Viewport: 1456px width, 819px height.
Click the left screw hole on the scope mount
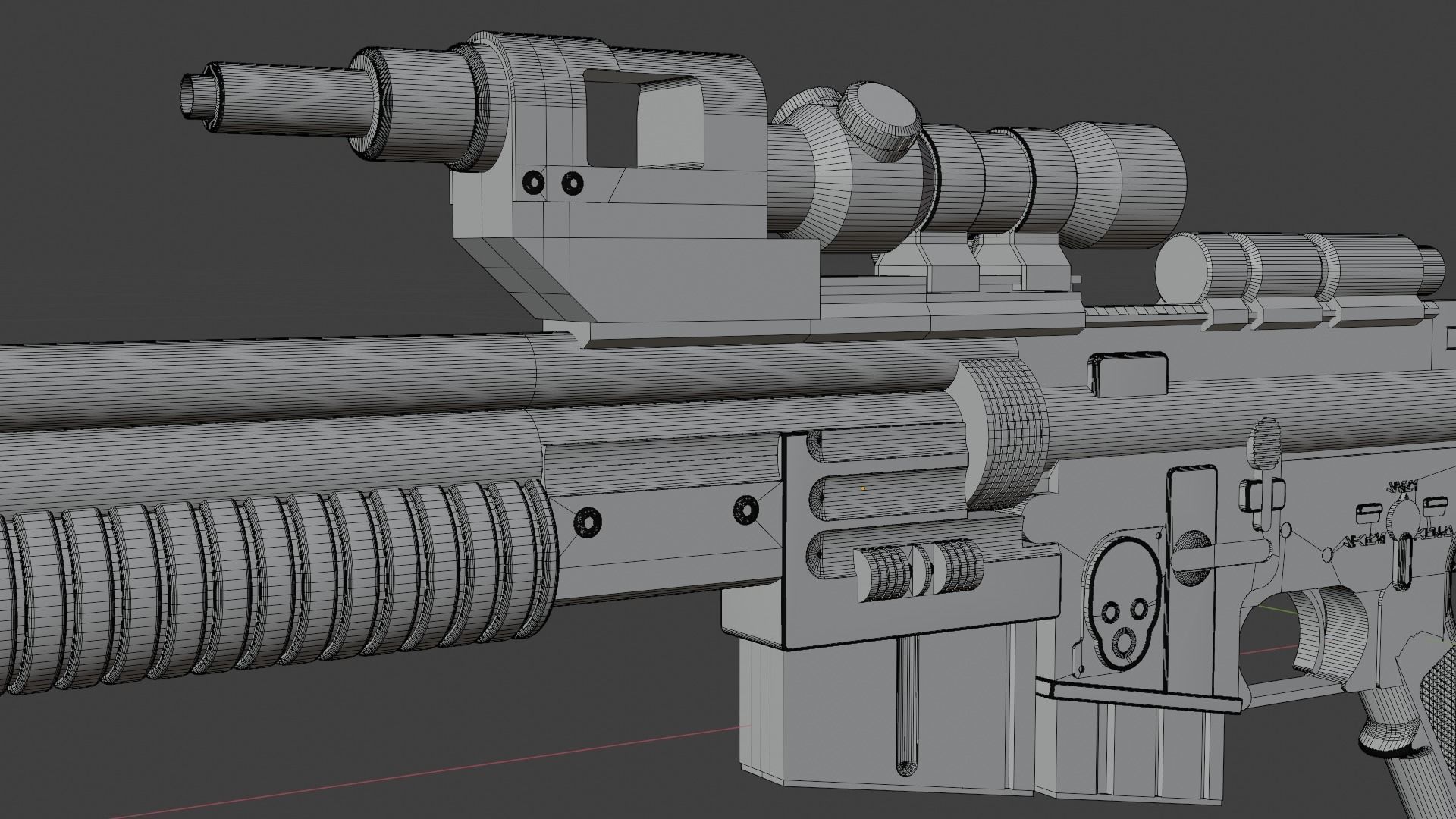[534, 182]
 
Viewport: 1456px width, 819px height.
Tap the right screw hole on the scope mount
[573, 183]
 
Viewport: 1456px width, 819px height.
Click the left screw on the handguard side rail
[588, 521]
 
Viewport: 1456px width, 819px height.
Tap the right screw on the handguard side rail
[747, 510]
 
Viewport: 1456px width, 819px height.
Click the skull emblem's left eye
[1112, 610]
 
